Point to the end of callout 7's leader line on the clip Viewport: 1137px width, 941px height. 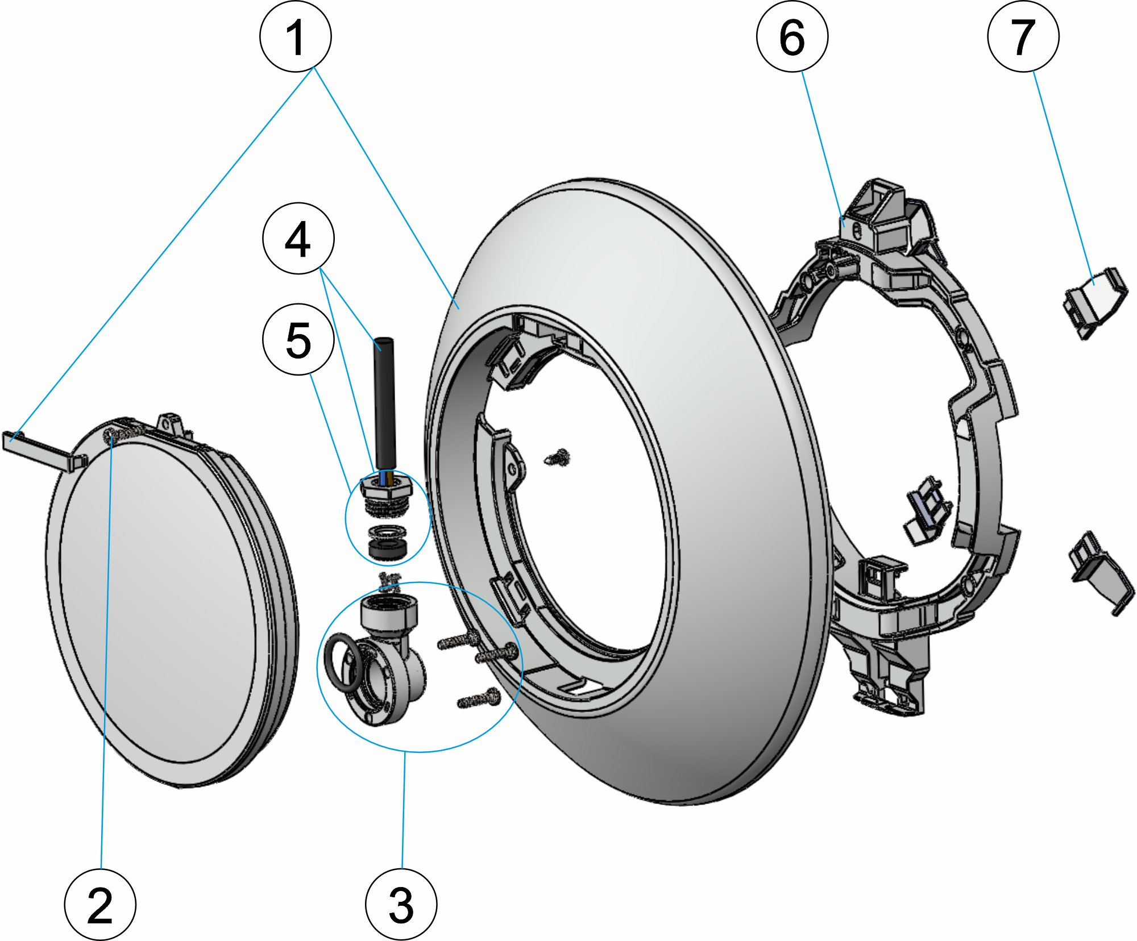1092,284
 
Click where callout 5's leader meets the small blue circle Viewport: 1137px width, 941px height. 351,493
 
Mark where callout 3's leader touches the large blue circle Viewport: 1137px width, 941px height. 404,752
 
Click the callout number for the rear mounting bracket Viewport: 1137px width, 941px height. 792,37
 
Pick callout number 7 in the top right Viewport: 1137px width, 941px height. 1023,37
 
